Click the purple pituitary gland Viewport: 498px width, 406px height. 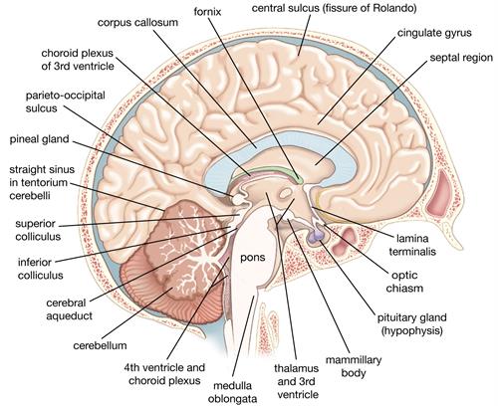coord(315,238)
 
